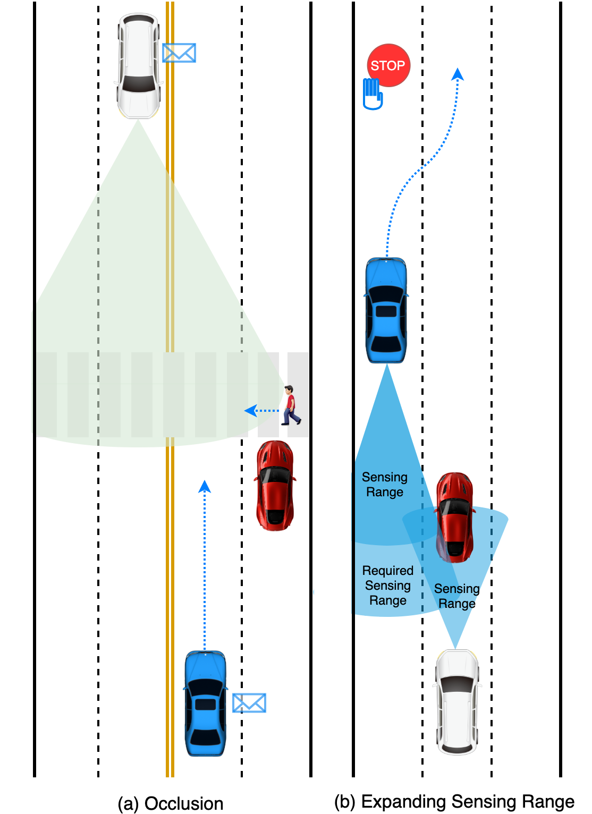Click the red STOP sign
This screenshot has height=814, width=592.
pos(388,65)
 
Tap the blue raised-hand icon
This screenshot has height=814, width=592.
pos(373,94)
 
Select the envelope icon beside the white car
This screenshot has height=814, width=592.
pos(179,53)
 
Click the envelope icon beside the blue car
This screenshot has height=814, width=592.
pos(249,702)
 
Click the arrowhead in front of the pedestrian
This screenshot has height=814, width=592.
pos(250,411)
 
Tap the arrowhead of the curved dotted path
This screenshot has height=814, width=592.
pos(458,74)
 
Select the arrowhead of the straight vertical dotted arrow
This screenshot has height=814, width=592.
pos(205,486)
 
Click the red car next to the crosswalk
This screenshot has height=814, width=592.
pos(275,485)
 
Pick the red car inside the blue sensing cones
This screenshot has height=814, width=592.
pos(455,517)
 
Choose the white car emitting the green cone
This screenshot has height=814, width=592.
pos(139,65)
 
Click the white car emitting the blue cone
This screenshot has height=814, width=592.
pos(457,701)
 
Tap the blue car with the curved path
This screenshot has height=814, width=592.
pos(386,310)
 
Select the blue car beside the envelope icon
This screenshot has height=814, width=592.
pos(206,702)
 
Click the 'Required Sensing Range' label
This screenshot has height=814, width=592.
pos(388,586)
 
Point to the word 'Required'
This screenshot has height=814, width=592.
pos(388,571)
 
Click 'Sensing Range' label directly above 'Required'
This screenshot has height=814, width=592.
pos(385,485)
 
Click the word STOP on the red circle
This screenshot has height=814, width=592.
pos(388,65)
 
